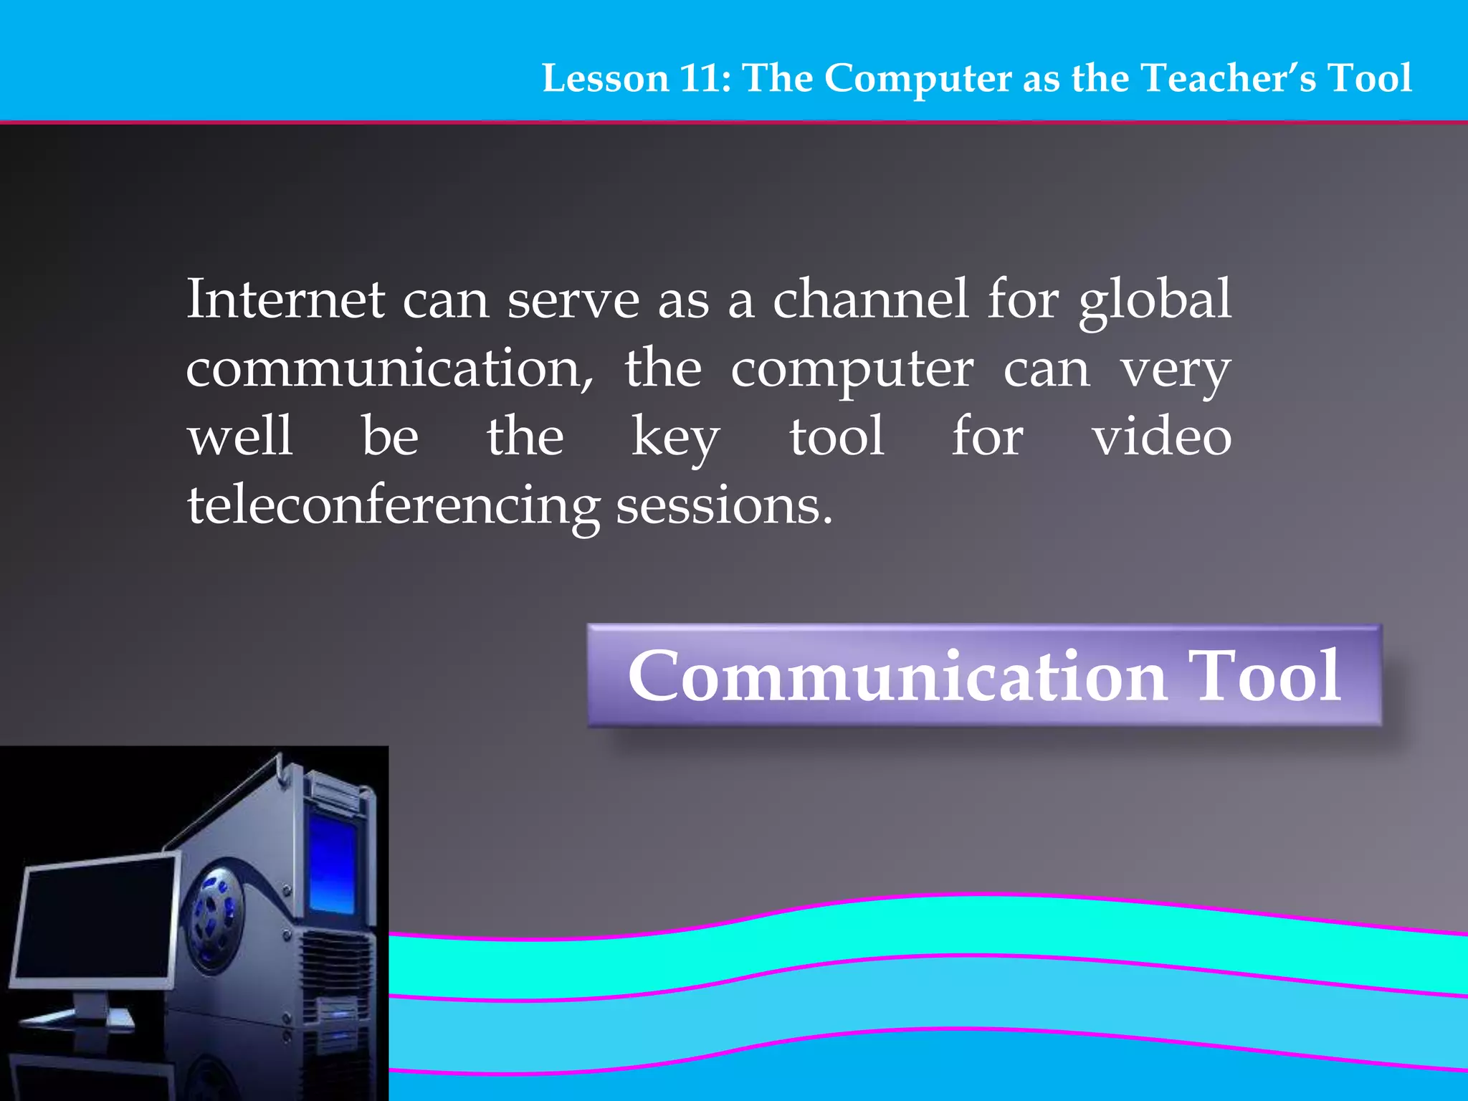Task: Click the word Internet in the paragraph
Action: (286, 299)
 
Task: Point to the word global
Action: (1155, 300)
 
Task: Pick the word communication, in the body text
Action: (389, 368)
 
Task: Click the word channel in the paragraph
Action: (871, 299)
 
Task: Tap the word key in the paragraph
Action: (675, 438)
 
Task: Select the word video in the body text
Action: (1162, 437)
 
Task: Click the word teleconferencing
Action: (394, 506)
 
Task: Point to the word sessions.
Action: (724, 506)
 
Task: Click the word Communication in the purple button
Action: (898, 676)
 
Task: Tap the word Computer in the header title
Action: (918, 78)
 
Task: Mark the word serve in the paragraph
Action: (573, 300)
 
